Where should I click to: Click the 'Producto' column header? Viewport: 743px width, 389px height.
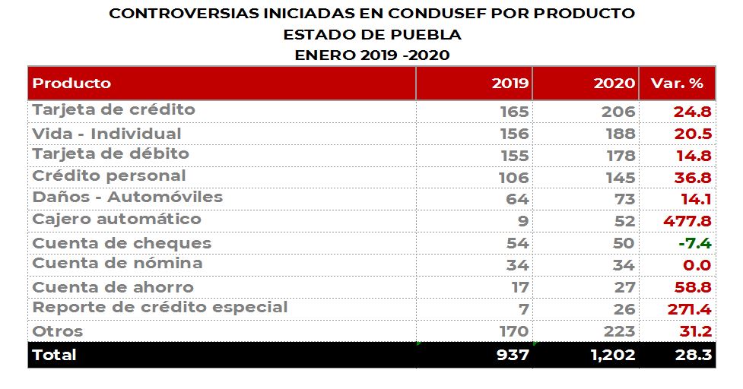tap(71, 84)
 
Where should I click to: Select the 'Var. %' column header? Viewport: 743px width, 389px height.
tap(677, 84)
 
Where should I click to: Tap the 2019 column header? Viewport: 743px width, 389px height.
tap(510, 84)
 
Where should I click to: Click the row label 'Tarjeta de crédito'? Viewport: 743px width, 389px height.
tap(113, 110)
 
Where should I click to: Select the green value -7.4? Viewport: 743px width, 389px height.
tap(694, 243)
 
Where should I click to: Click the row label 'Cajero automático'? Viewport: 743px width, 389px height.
tap(116, 220)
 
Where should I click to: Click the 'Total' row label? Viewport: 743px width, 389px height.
tap(55, 355)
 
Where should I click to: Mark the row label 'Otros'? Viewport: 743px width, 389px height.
tap(58, 331)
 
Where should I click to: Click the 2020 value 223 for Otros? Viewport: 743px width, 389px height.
tap(620, 331)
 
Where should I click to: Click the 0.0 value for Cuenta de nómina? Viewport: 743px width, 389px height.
tap(697, 265)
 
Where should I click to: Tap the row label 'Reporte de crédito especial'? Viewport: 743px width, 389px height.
tap(160, 308)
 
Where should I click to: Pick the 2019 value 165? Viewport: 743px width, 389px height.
tap(514, 112)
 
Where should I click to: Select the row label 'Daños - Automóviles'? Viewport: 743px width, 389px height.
tap(127, 198)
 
